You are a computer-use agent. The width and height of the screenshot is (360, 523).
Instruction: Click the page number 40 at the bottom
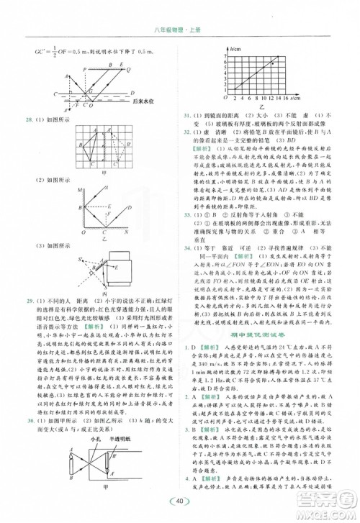coord(179,501)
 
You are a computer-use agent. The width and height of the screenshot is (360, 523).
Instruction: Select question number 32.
coord(189,132)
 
